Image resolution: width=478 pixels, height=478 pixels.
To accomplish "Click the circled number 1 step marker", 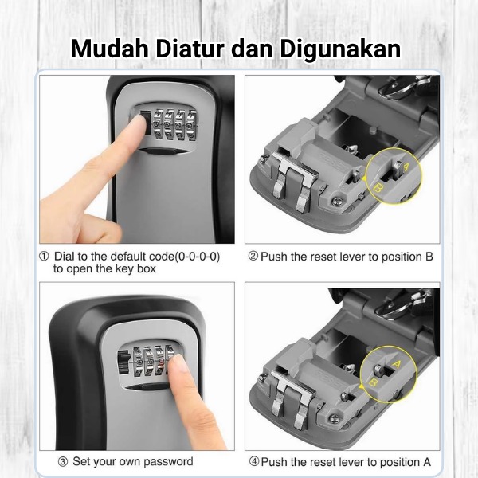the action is (44, 257).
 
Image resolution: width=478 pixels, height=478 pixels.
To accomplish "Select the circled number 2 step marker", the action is (253, 257).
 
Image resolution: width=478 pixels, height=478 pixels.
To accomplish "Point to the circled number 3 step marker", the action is (63, 462).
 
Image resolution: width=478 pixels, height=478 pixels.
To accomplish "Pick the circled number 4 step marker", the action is (254, 462).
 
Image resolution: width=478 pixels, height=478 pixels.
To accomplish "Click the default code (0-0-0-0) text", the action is (198, 257).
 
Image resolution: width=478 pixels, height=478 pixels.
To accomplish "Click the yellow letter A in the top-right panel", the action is (406, 167).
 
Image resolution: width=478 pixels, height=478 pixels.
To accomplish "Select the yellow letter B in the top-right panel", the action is (378, 188).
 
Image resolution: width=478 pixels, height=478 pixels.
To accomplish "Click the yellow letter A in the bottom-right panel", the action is (396, 364).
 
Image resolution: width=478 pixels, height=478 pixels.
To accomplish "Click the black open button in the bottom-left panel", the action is (123, 362).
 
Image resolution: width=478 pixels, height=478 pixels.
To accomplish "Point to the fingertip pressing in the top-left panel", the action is (138, 122).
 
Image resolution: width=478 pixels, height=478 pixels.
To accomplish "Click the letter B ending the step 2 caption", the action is (429, 257).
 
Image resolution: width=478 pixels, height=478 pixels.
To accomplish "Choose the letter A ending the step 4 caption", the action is (427, 462).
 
